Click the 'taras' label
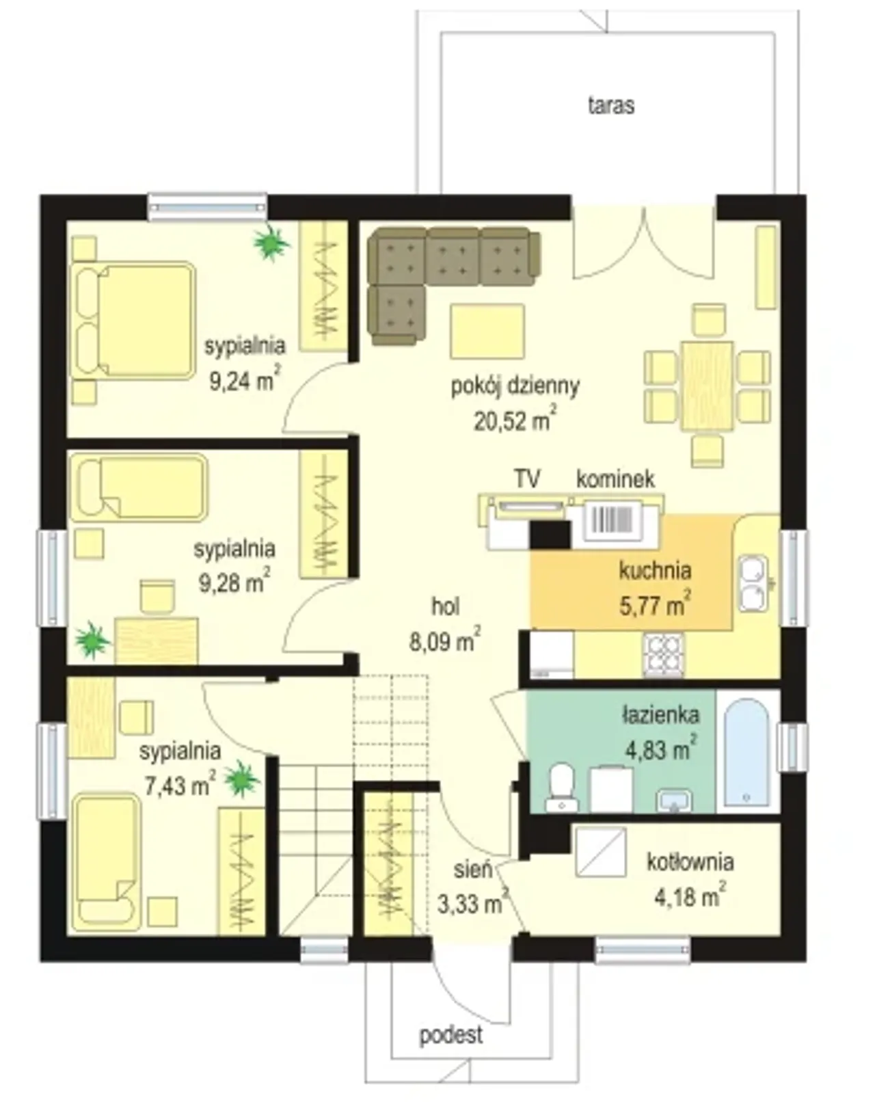point(611,105)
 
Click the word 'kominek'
point(615,479)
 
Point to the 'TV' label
point(527,479)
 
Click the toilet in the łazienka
point(562,789)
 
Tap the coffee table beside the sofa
point(487,332)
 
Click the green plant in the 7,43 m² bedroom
point(241,780)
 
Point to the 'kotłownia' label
point(690,861)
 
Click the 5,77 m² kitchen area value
point(655,605)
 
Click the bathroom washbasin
point(674,802)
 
